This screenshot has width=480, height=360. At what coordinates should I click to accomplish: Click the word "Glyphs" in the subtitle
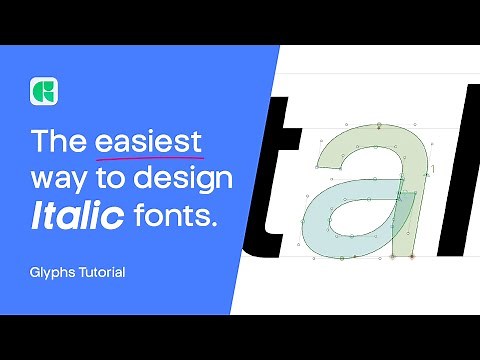(50, 271)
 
